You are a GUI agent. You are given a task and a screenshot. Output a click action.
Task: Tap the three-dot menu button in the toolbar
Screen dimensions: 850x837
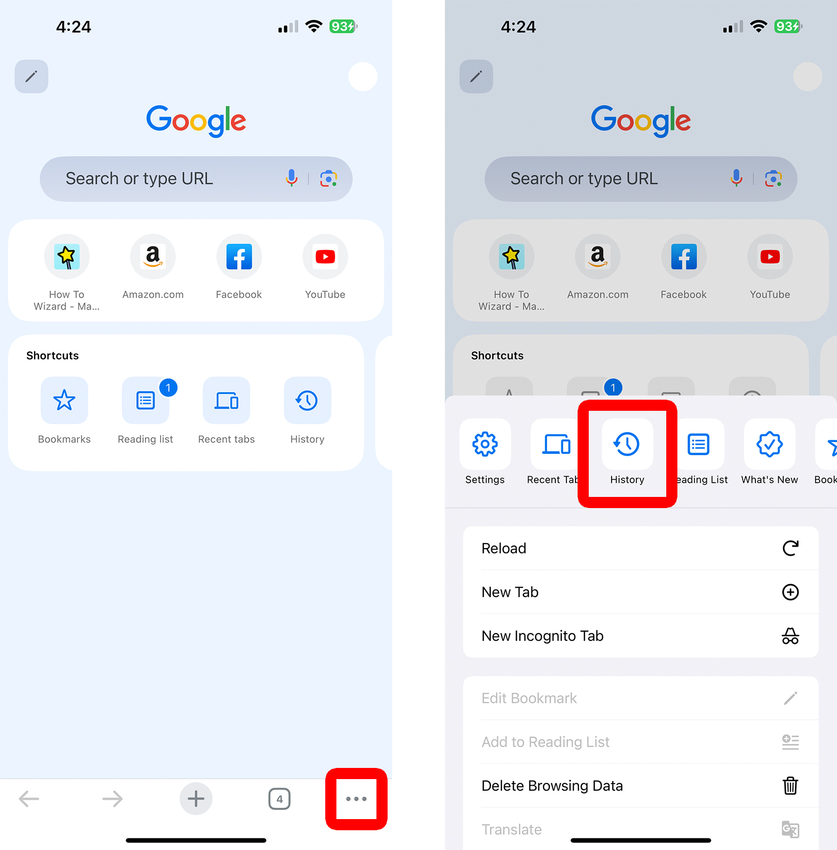click(x=356, y=799)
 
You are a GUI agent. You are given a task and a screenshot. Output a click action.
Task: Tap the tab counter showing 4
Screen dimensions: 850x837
click(x=279, y=799)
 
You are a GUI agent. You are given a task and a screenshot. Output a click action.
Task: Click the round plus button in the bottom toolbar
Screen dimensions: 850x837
click(x=196, y=799)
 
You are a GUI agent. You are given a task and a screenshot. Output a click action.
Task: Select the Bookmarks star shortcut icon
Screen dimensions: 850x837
click(x=64, y=400)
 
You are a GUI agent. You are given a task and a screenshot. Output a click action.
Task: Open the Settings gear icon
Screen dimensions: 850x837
click(x=485, y=444)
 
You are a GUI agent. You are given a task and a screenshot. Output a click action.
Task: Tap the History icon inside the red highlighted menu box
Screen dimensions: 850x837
click(x=627, y=444)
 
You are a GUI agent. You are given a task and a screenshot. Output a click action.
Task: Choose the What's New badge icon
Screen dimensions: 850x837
click(x=769, y=444)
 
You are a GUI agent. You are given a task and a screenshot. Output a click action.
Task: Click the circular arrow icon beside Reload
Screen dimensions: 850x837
click(x=790, y=548)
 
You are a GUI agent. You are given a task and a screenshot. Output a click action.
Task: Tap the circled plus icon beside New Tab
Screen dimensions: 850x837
click(x=790, y=592)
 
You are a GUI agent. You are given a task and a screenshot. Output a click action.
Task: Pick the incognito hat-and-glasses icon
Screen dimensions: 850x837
click(x=790, y=636)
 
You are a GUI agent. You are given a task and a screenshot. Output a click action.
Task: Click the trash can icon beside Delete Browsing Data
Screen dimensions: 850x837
click(x=790, y=786)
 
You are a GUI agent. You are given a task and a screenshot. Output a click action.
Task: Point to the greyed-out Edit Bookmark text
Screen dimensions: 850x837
click(x=529, y=698)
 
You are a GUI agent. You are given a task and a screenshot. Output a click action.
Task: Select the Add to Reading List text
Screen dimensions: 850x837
click(x=545, y=742)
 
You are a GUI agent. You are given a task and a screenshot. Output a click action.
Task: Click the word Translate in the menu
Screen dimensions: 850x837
click(x=511, y=829)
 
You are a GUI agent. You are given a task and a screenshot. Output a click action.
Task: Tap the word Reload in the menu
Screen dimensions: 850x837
click(x=504, y=548)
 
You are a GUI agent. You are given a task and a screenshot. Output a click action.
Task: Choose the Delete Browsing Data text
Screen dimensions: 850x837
click(x=552, y=786)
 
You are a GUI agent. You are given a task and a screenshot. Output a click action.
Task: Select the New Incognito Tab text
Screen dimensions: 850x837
click(x=542, y=636)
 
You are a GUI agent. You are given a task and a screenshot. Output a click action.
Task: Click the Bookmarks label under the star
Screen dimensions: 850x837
click(x=64, y=439)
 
